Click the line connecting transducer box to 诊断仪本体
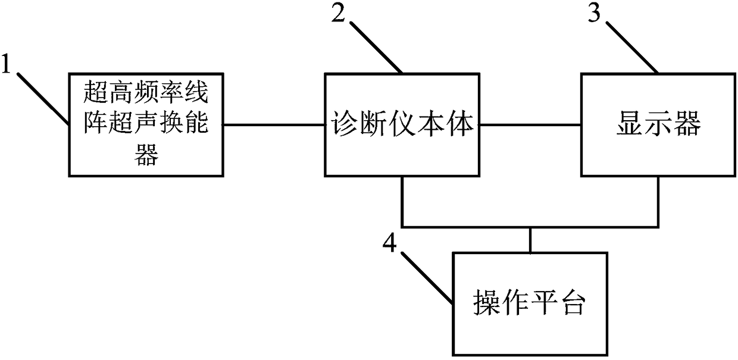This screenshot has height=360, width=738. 274,125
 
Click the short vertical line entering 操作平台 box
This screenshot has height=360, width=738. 529,240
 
